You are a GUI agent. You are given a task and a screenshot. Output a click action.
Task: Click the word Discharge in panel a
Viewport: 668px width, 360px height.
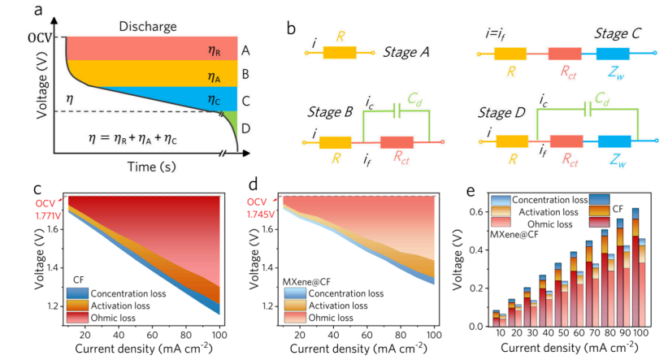147,26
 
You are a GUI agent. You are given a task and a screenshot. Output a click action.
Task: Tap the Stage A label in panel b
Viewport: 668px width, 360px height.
410,52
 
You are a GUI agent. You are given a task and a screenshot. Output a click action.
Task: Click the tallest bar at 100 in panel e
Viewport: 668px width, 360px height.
635,268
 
